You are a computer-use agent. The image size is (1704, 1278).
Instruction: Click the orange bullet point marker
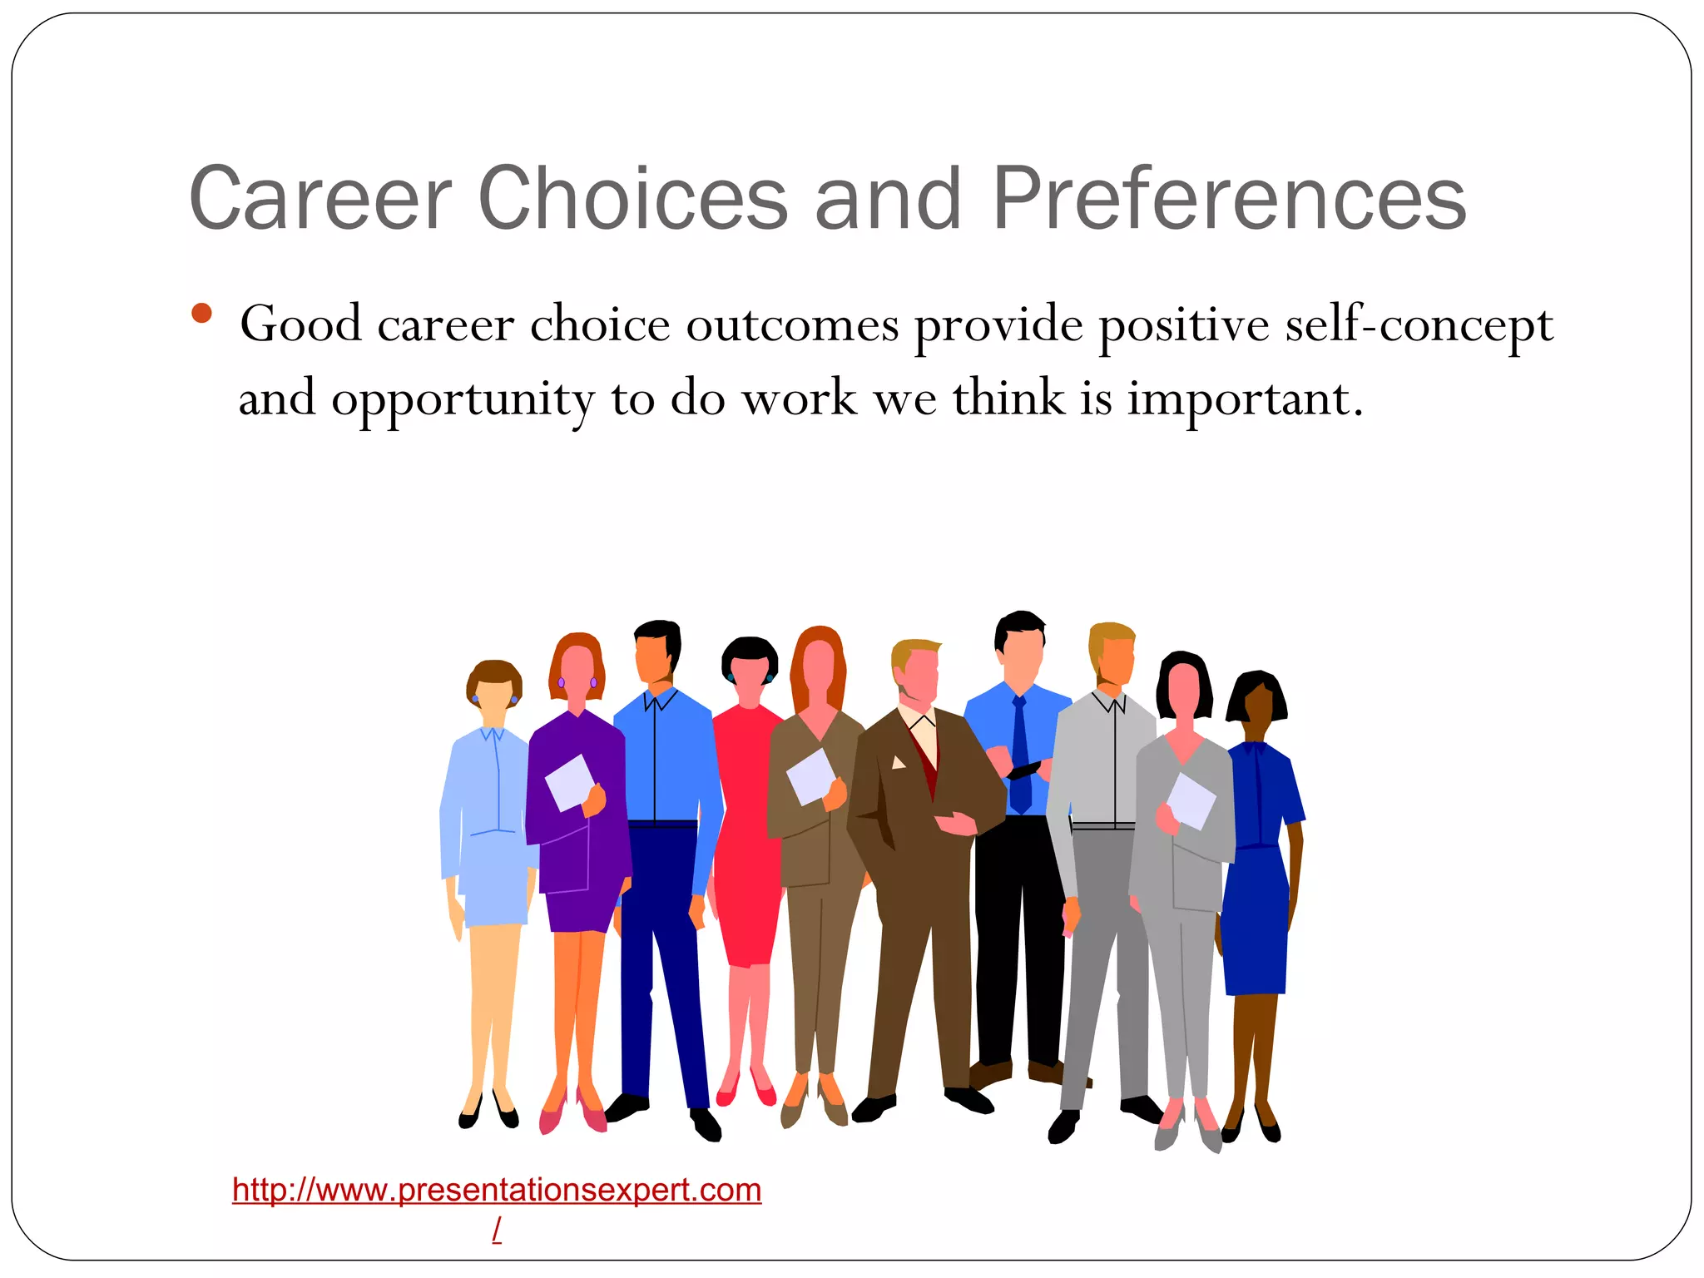click(201, 314)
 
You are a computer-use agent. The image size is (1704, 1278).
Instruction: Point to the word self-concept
click(1419, 324)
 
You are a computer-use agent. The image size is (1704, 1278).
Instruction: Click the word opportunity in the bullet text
click(463, 399)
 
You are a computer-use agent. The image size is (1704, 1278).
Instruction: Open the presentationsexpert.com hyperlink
click(497, 1190)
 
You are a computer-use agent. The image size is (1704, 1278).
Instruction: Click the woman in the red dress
click(746, 832)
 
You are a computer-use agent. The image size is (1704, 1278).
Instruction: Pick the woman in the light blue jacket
click(487, 832)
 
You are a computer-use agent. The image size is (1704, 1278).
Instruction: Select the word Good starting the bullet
click(300, 324)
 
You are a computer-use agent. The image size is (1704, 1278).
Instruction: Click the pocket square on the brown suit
click(899, 762)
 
